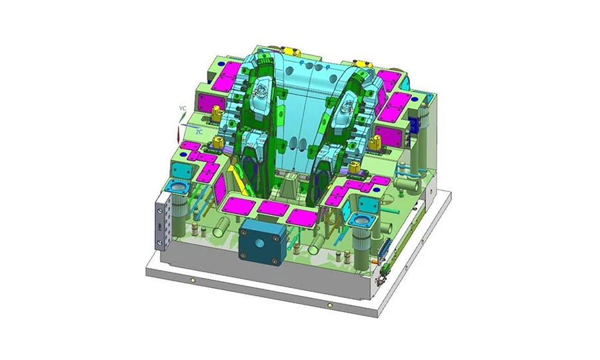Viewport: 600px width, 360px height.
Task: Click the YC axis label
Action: [x=183, y=109]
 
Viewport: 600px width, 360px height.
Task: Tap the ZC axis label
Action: [x=199, y=132]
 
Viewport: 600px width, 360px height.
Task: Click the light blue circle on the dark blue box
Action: [x=259, y=243]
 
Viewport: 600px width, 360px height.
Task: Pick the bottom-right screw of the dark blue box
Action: [x=274, y=261]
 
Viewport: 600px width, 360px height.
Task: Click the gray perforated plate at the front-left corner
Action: [x=161, y=221]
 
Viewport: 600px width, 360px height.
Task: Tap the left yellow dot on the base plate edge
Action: [x=193, y=281]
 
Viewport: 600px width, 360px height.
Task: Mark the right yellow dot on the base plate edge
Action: [x=329, y=305]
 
